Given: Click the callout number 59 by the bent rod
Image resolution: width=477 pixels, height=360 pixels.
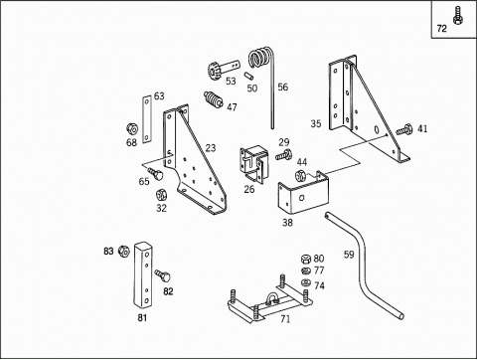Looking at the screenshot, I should tap(349, 255).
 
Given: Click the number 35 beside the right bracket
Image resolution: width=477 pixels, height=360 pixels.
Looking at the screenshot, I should tap(316, 124).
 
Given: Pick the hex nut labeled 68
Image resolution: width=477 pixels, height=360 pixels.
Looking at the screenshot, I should tap(131, 128).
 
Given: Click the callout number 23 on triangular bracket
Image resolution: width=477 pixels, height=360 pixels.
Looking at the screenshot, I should tap(210, 148).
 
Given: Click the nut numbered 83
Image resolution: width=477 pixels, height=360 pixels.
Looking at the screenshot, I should tap(123, 251).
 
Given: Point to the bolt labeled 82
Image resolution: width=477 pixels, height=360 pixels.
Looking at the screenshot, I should tap(164, 274).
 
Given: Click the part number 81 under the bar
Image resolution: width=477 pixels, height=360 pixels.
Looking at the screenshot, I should tap(142, 318).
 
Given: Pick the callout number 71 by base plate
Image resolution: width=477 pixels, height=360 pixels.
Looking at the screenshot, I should tap(284, 318).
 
